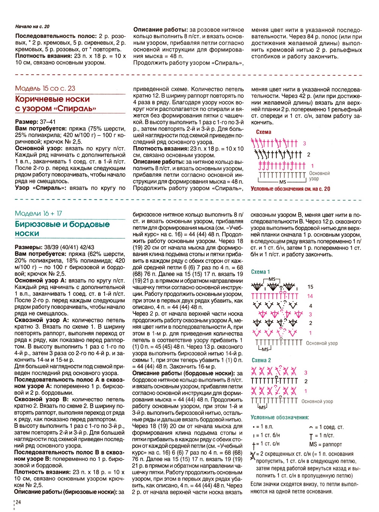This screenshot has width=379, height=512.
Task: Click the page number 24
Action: (x=18, y=502)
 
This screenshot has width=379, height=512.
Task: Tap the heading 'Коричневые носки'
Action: (x=52, y=99)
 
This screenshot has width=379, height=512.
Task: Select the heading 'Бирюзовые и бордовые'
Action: (x=62, y=224)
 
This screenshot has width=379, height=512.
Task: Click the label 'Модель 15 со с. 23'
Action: (x=45, y=88)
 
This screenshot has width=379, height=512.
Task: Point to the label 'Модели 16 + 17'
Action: (x=38, y=214)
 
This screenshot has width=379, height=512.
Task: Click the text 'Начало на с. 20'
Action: (x=32, y=27)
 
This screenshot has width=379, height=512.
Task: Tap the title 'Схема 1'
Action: (x=260, y=272)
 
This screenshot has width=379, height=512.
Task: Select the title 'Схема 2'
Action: (x=261, y=360)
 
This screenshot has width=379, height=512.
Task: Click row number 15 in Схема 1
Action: (x=310, y=287)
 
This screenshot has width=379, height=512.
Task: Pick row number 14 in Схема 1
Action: (x=310, y=296)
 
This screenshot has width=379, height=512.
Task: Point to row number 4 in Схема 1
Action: (x=310, y=306)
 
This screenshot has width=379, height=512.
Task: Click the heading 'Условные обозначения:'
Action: (x=280, y=418)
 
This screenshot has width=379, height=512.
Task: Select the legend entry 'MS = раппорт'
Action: (x=326, y=444)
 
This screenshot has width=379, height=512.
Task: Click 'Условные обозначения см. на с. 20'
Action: (x=290, y=189)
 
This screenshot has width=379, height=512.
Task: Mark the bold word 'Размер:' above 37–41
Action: (x=27, y=122)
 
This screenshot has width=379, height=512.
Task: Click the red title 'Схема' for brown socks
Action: (x=263, y=132)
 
